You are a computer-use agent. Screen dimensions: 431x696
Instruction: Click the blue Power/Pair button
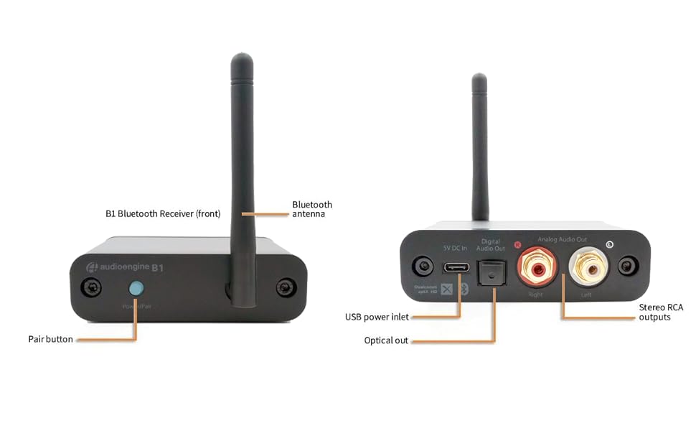tap(136, 289)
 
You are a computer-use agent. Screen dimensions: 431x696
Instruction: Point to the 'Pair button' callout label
tap(50, 339)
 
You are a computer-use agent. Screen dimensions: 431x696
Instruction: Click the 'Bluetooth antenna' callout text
tap(312, 209)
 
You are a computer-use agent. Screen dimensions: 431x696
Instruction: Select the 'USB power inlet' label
tap(377, 317)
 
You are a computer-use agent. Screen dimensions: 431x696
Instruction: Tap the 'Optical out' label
tap(386, 340)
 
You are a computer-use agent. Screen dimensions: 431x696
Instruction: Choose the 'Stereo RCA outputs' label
tap(661, 312)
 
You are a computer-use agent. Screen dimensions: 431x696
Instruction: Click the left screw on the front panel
tap(91, 289)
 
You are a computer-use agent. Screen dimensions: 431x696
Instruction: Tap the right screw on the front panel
tap(286, 289)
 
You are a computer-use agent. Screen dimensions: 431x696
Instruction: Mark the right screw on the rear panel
tap(629, 267)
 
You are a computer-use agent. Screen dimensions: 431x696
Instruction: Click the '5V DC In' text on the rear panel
tap(454, 248)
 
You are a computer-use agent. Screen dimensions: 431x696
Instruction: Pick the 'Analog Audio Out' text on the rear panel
tap(562, 239)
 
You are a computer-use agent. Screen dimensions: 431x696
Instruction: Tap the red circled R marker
tap(517, 244)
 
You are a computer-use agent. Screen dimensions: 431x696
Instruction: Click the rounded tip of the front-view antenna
tap(242, 59)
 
